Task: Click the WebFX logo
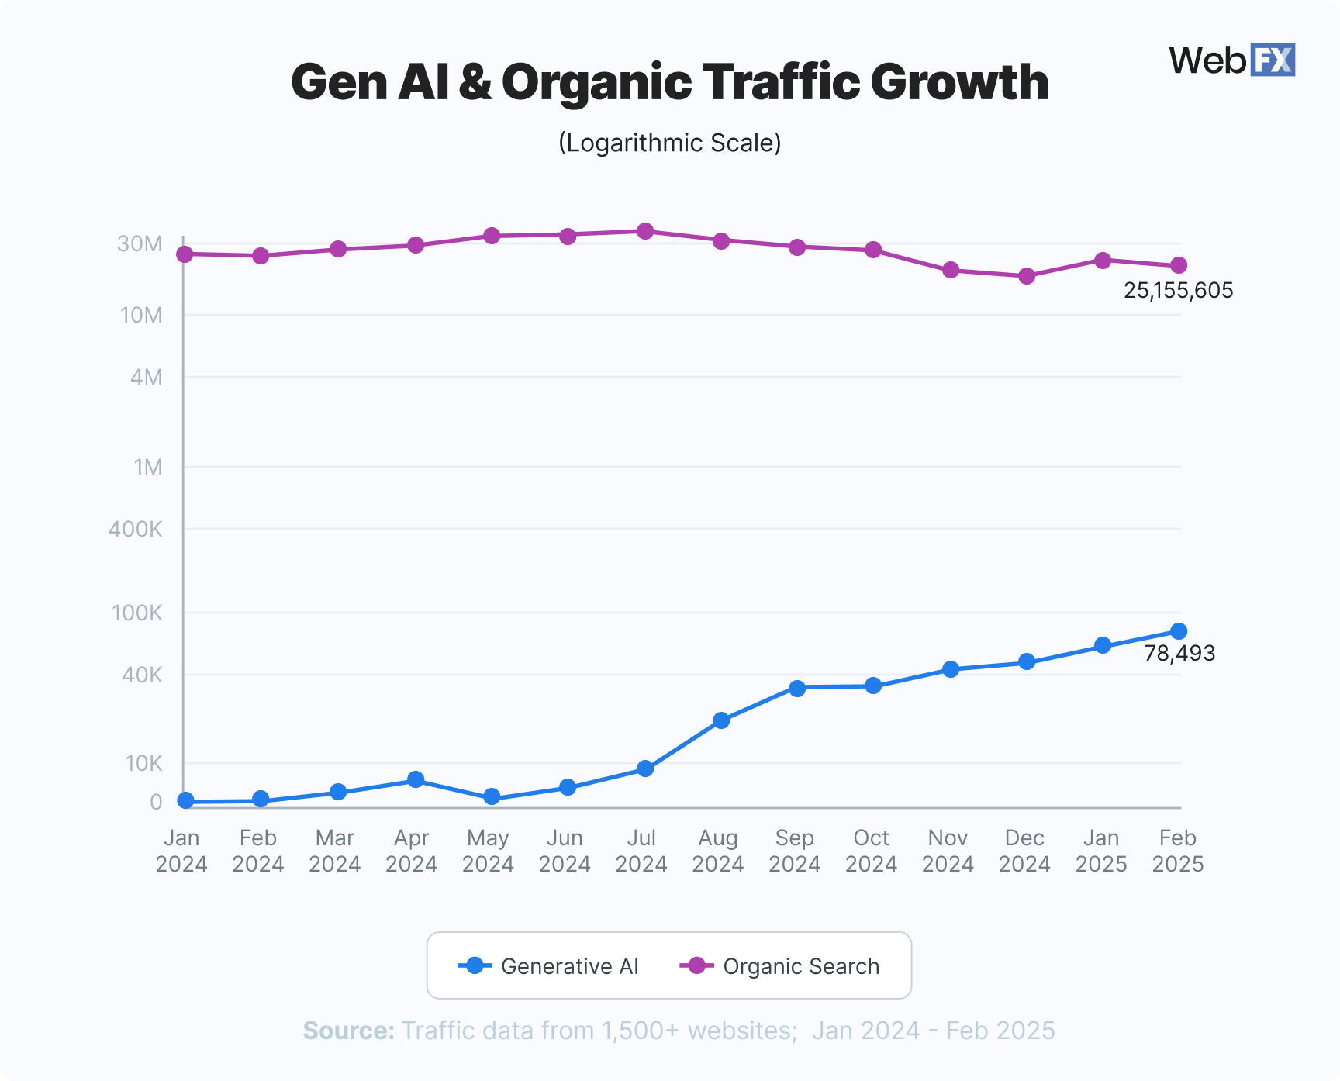pos(1231,60)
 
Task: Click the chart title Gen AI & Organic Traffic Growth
pos(669,82)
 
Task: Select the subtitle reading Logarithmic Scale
pos(669,143)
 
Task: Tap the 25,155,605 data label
pos(1178,291)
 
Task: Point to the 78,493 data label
pos(1179,654)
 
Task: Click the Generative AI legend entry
pos(548,966)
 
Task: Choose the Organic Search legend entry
pos(780,966)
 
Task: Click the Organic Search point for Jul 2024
pos(645,231)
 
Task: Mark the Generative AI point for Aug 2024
pos(721,720)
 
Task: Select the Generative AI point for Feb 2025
pos(1179,631)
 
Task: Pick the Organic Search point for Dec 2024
pos(1027,276)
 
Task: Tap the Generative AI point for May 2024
pos(492,797)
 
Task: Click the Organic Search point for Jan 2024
pos(185,254)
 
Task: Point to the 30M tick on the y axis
pos(140,244)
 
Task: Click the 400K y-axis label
pos(136,530)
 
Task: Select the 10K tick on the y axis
pos(144,764)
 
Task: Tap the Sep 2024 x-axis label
pos(795,851)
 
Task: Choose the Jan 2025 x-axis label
pos(1101,851)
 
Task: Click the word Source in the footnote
pos(348,1031)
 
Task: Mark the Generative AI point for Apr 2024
pos(416,779)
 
